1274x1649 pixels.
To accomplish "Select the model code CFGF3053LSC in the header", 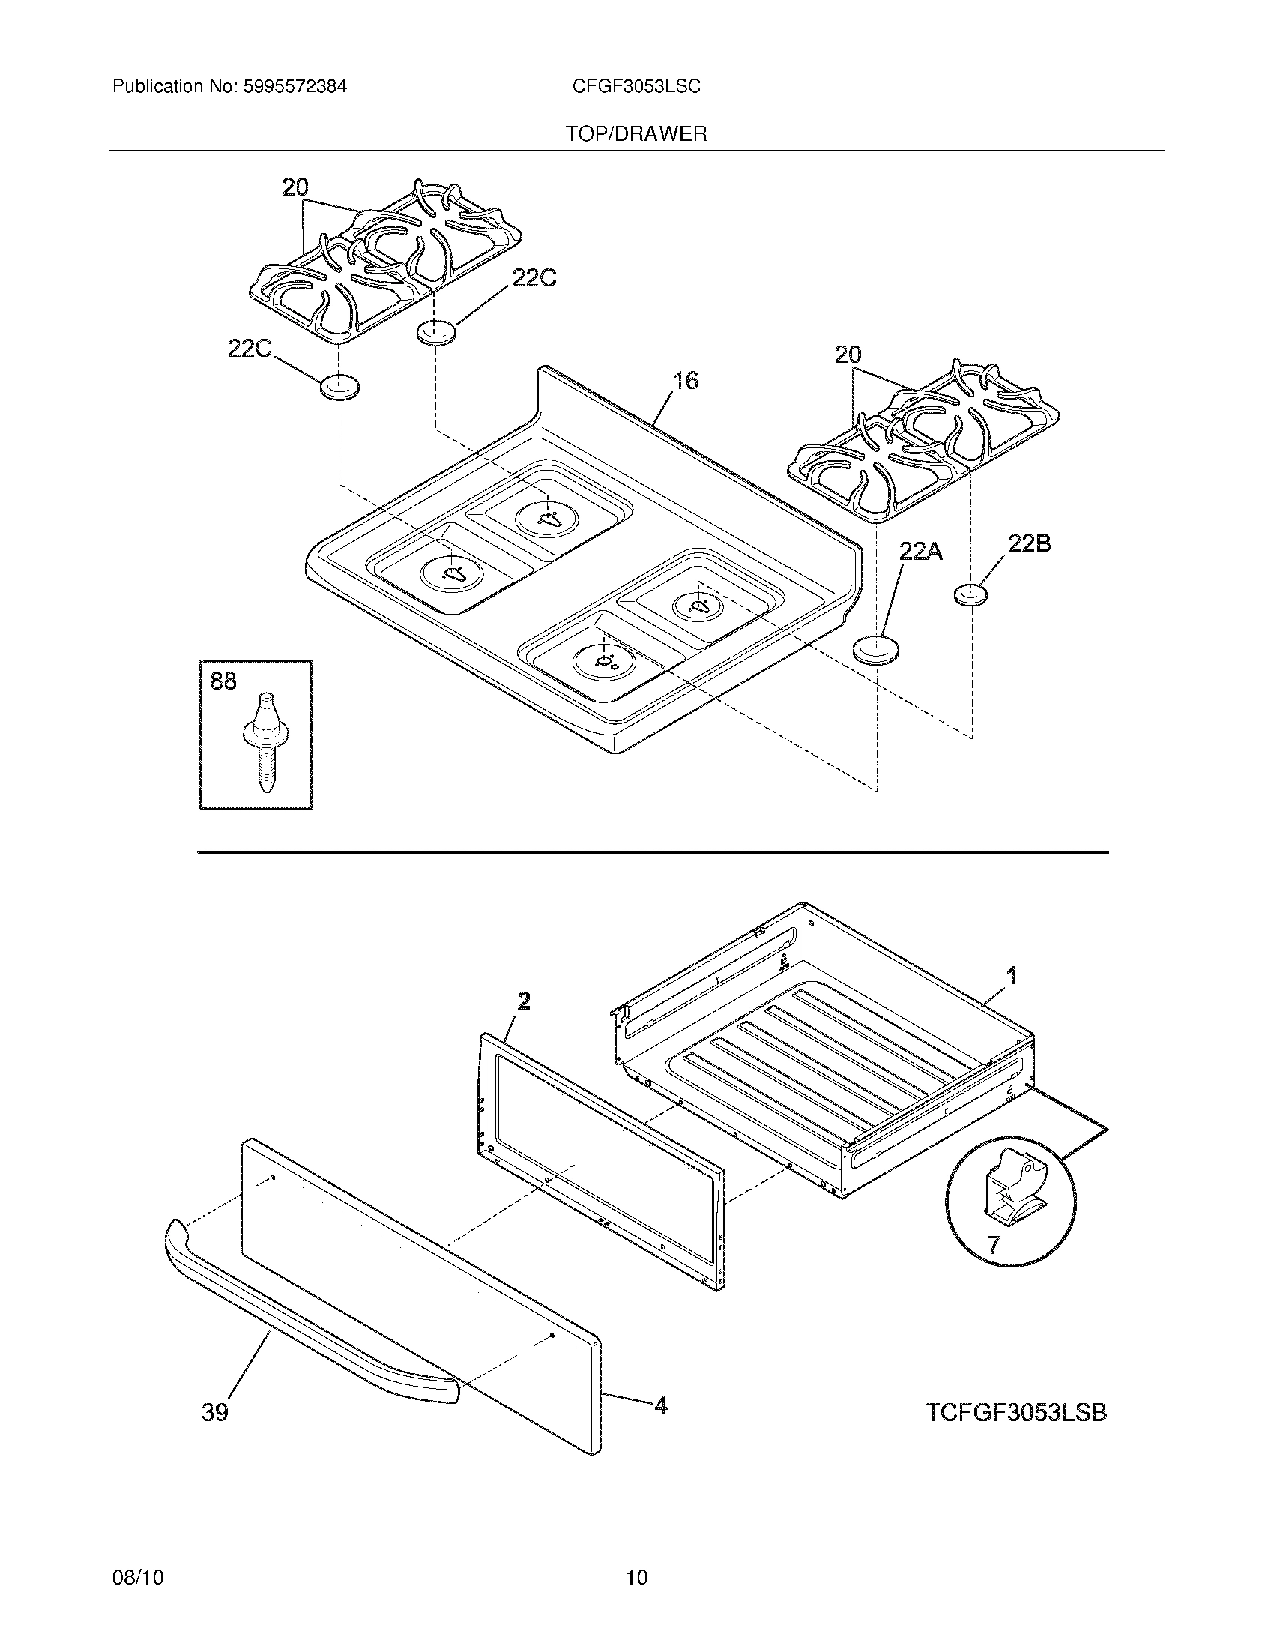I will click(x=636, y=87).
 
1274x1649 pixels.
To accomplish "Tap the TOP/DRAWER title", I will click(x=636, y=134).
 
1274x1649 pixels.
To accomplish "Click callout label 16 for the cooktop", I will click(x=685, y=381).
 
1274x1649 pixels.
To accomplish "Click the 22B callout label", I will click(x=1030, y=543).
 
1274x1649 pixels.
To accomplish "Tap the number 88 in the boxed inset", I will click(x=223, y=682).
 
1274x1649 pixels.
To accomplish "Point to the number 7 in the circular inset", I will click(x=993, y=1245).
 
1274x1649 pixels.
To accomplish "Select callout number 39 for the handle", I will click(x=215, y=1412).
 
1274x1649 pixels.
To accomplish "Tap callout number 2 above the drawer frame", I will click(x=523, y=1001).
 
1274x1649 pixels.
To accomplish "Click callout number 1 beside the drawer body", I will click(x=1012, y=976).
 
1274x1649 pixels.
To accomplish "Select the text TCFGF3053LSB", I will click(x=1015, y=1412).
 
